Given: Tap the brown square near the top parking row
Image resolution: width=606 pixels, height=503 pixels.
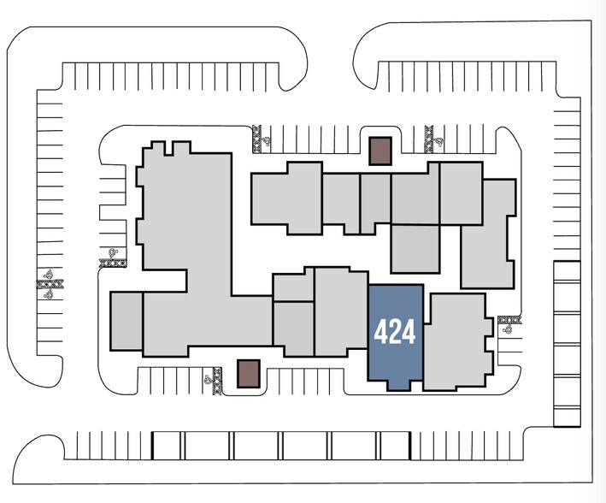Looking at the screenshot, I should point(379,151).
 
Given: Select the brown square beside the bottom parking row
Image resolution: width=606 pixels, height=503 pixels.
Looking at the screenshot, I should point(248,373).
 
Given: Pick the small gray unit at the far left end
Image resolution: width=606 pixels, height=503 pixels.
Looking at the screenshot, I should point(126,321).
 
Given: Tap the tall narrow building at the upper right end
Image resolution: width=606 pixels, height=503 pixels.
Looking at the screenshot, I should point(488,233).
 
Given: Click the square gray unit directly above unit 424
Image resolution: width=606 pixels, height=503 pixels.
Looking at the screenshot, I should point(415,248).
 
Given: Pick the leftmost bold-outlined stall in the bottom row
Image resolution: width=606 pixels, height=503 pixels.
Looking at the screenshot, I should point(168,446).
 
